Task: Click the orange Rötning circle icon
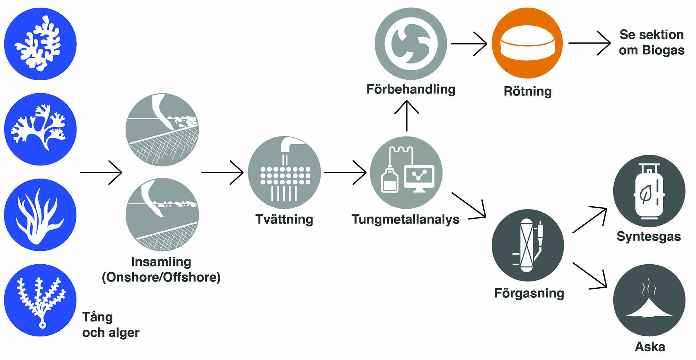tap(527, 43)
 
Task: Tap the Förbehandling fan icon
tap(411, 43)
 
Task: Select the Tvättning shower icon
tap(284, 172)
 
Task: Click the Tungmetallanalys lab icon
tap(406, 172)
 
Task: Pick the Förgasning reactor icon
tap(528, 245)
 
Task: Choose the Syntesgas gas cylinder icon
tap(649, 191)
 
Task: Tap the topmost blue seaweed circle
tap(40, 44)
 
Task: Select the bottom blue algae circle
tap(40, 300)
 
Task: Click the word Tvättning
tap(284, 219)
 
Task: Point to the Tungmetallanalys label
tap(405, 219)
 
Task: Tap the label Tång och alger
tap(111, 325)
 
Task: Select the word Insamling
tap(161, 262)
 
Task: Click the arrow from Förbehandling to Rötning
tap(469, 43)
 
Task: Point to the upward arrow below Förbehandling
tap(406, 115)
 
